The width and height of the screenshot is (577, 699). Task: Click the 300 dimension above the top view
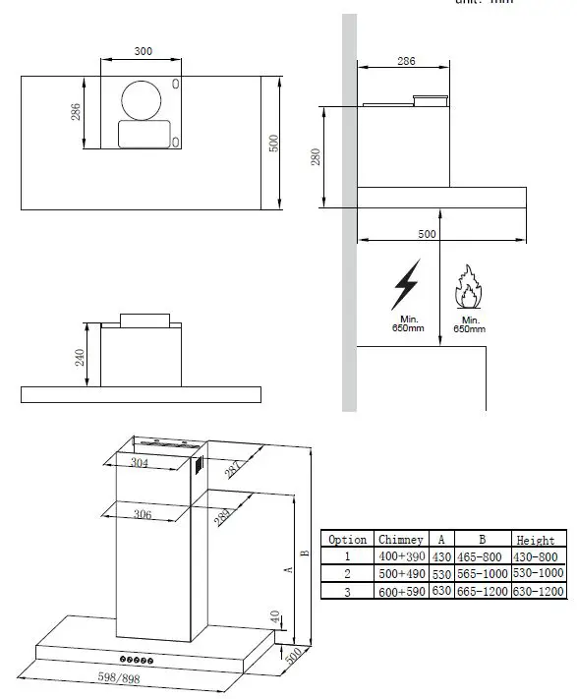pos(144,50)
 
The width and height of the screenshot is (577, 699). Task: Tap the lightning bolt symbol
pos(405,284)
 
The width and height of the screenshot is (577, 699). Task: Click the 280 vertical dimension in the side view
pos(317,156)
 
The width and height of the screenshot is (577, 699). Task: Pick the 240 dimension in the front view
pos(81,356)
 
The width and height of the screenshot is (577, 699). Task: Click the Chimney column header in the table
pos(401,539)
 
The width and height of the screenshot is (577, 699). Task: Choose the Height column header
pos(540,539)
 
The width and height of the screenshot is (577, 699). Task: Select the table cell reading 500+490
pos(401,573)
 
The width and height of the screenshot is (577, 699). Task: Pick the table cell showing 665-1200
pos(483,591)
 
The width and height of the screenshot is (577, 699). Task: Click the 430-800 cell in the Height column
pos(540,556)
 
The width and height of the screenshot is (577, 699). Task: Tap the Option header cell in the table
pos(348,539)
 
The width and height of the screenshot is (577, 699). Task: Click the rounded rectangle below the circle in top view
pos(144,135)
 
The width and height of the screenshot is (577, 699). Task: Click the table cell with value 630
pos(441,591)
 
